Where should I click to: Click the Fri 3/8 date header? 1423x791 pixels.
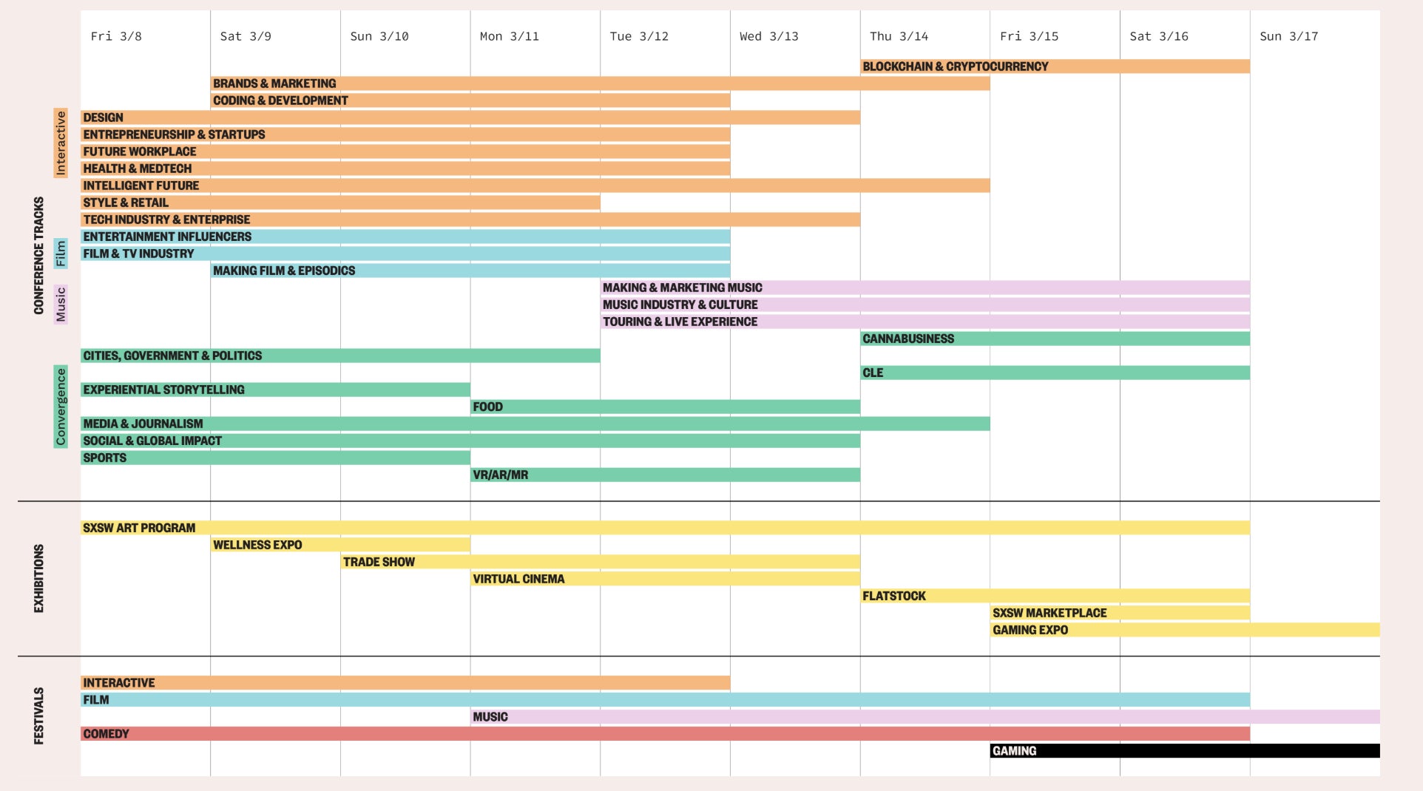point(116,36)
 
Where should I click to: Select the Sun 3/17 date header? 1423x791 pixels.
point(1288,36)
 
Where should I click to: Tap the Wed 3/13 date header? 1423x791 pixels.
point(768,36)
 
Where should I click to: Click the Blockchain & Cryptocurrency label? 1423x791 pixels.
point(955,67)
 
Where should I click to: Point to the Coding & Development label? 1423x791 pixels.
point(280,101)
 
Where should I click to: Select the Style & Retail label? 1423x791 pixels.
point(126,203)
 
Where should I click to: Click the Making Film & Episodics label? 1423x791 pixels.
point(284,271)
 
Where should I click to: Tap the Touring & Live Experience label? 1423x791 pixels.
point(680,322)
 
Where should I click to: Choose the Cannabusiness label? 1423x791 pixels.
point(908,339)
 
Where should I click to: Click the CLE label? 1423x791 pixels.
point(873,373)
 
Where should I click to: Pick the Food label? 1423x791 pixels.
point(487,407)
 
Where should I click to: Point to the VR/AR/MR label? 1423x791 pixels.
point(501,475)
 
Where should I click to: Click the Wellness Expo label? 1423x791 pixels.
point(257,545)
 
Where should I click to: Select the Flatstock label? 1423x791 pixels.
point(893,596)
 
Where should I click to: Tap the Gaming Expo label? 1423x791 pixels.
point(1030,630)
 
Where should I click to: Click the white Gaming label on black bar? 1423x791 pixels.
point(1014,751)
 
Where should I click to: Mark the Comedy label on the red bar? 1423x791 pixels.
point(106,734)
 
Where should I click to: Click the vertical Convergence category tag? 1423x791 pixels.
point(61,407)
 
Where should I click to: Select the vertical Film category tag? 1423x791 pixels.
point(61,254)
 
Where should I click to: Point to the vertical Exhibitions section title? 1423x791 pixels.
point(39,578)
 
